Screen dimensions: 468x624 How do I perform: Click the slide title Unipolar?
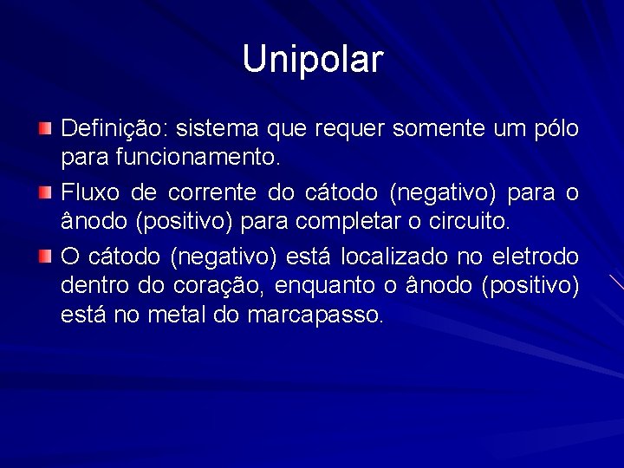(x=312, y=60)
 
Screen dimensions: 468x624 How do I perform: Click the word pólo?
(x=557, y=129)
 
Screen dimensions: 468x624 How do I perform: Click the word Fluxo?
(x=90, y=192)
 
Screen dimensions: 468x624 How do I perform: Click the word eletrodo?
(x=535, y=256)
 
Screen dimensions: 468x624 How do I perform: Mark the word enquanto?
(x=328, y=285)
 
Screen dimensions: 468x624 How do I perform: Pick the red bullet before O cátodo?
(x=45, y=257)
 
